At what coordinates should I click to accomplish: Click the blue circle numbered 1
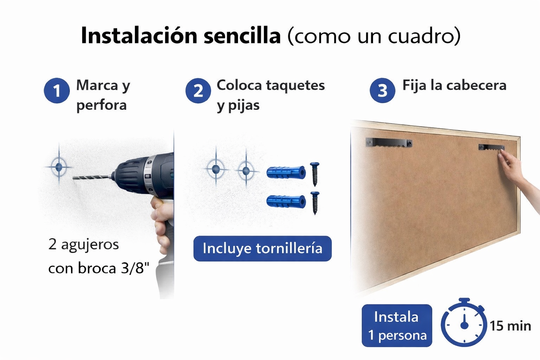point(57,91)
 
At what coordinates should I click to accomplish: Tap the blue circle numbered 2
point(198,91)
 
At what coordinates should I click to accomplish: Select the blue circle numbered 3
point(382,91)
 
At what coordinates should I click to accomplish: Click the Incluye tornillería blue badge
point(263,248)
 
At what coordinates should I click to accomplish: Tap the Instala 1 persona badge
point(397,326)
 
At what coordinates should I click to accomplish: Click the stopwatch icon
point(464,323)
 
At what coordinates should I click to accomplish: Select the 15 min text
point(510,326)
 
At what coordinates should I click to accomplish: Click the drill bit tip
point(73,178)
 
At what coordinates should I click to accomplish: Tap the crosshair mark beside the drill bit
point(59,167)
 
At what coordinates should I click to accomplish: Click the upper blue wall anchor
point(286,172)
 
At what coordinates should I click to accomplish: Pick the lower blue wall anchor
point(286,201)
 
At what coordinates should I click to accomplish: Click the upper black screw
point(315,174)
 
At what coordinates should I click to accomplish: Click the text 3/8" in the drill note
point(135,268)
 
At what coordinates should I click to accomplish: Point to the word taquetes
point(295,85)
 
